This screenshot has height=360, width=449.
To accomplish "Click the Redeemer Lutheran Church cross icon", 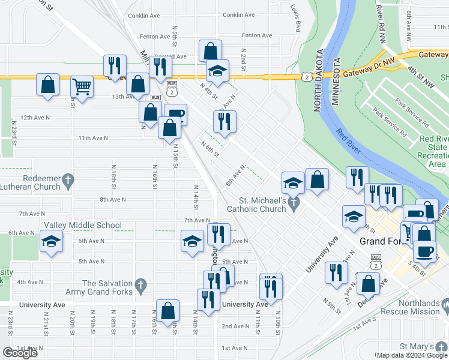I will click(69, 179).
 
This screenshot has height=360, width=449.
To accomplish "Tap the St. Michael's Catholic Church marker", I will click(294, 205).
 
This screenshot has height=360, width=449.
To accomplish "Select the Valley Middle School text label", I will click(82, 225).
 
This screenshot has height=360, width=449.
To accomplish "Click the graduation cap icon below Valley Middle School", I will click(52, 242).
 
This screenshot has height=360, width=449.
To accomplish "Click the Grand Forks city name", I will click(385, 241).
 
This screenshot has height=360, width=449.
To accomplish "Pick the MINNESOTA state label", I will click(337, 84).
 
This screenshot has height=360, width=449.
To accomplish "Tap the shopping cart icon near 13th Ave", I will click(82, 86).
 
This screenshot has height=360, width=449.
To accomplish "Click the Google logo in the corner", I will click(20, 353).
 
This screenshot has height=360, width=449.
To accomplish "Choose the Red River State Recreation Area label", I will click(433, 151).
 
